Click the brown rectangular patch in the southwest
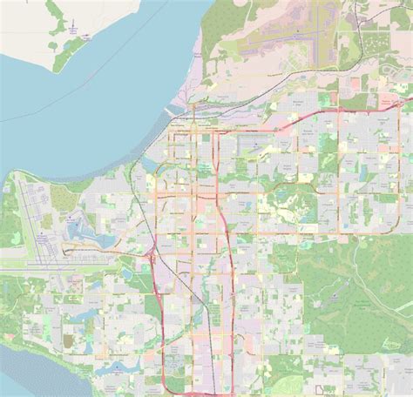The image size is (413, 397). tap(68, 339)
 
